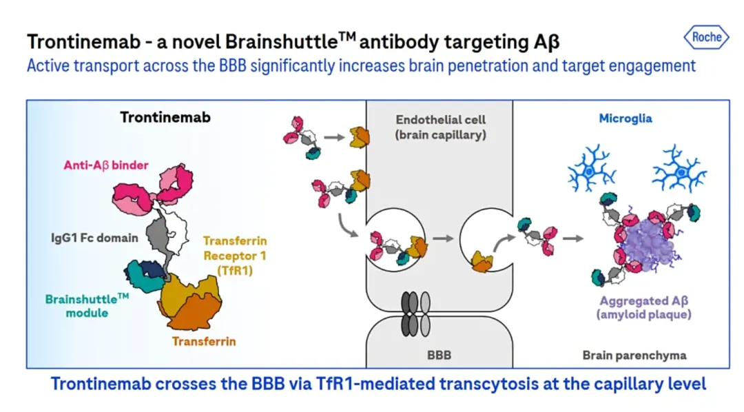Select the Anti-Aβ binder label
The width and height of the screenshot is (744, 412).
point(106,165)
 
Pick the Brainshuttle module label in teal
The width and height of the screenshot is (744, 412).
point(87,305)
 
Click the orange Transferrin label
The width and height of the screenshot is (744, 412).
point(204,341)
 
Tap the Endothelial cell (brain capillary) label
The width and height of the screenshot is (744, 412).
point(441,127)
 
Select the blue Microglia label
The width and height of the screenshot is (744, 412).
point(625,119)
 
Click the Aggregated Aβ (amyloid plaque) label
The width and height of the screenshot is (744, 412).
point(645,307)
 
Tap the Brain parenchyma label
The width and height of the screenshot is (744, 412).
point(634,356)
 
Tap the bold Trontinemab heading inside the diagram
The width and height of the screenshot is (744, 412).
point(165,117)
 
